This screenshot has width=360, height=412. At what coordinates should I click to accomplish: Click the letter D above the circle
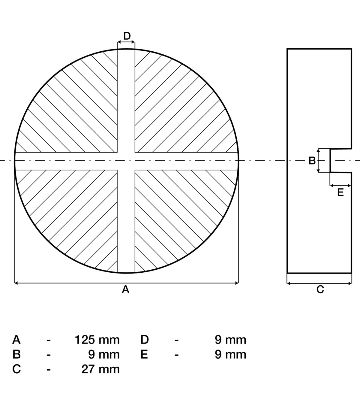[x=127, y=36]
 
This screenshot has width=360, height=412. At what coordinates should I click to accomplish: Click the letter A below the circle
[x=125, y=289]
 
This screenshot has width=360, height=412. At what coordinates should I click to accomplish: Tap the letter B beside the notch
[x=312, y=161]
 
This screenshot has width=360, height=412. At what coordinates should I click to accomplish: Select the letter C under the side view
[x=320, y=289]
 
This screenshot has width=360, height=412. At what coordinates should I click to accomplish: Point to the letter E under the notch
[x=340, y=192]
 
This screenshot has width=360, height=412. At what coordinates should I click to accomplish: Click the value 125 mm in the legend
[x=97, y=340]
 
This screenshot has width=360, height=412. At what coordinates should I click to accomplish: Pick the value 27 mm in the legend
[x=100, y=369]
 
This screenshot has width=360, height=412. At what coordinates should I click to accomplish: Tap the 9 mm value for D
[x=230, y=340]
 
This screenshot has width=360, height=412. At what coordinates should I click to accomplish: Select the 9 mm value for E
[x=230, y=355]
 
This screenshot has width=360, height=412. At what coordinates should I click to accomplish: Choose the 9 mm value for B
[x=104, y=355]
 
